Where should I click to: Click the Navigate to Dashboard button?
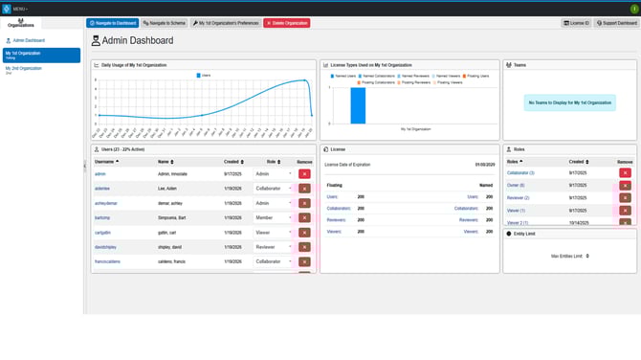113,23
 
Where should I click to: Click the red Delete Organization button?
287,23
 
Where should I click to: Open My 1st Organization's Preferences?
226,23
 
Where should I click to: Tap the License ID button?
577,23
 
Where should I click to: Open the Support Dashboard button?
617,23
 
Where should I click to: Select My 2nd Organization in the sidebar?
24,69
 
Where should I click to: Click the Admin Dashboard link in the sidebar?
28,40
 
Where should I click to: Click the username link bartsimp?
102,217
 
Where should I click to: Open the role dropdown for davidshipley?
273,247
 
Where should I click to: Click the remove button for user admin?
304,174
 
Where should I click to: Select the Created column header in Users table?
233,162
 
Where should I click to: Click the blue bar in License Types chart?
358,105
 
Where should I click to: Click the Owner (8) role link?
516,185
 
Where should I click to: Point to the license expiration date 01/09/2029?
485,165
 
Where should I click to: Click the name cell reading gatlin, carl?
169,233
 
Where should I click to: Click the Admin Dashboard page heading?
139,41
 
